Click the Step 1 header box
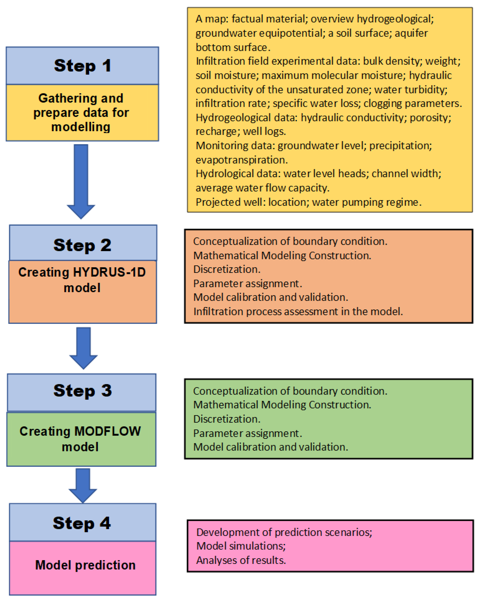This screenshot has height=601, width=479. (x=82, y=66)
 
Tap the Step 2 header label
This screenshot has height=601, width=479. (x=82, y=245)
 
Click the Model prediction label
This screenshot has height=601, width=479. (x=85, y=565)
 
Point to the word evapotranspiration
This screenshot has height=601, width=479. (x=241, y=160)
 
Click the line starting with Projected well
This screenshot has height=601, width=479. (x=308, y=202)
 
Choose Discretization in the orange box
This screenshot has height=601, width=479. (x=226, y=269)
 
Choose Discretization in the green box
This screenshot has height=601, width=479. (x=226, y=419)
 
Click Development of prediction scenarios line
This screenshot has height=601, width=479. (x=284, y=532)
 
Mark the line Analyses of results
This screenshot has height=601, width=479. (x=241, y=560)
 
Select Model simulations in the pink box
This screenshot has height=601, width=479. (x=241, y=546)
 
